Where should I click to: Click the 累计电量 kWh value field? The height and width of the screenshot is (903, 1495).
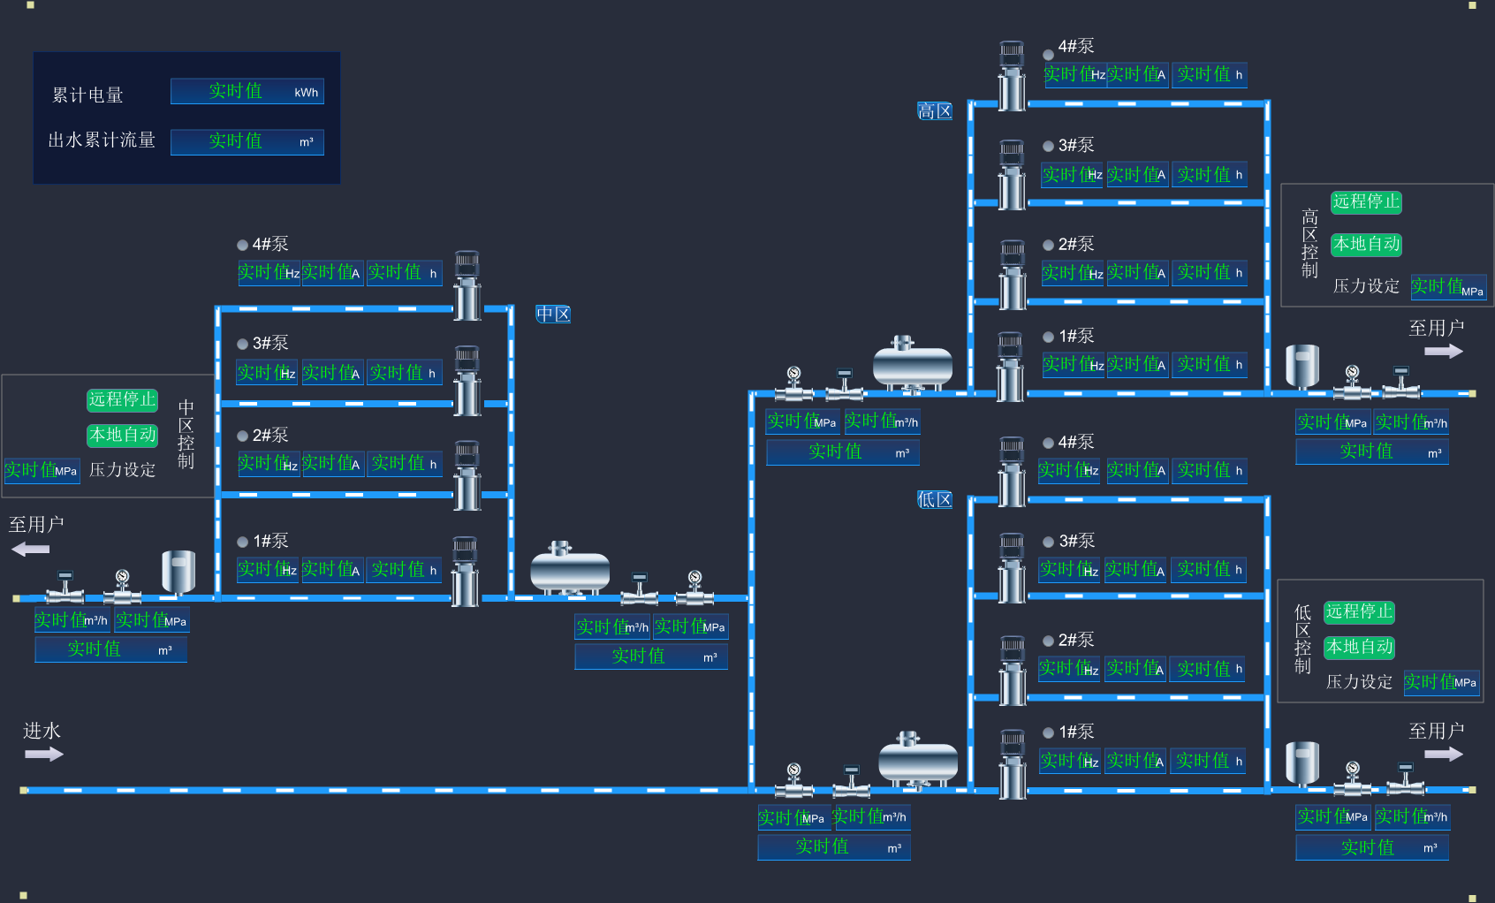(x=247, y=92)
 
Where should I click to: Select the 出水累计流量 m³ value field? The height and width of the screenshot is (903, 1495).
(x=247, y=141)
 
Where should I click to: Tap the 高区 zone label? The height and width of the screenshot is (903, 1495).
(x=935, y=111)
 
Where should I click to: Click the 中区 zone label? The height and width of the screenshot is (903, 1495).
(x=553, y=314)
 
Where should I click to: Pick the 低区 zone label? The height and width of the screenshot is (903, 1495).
(x=935, y=500)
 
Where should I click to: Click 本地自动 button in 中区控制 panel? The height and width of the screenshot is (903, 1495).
(x=122, y=435)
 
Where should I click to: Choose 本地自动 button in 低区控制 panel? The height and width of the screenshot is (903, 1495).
(x=1359, y=647)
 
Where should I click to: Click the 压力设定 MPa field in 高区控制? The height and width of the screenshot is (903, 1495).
(x=1448, y=287)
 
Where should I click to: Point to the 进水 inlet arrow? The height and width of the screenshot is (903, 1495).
(x=43, y=754)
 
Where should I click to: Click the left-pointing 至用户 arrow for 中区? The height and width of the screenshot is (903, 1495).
(x=31, y=550)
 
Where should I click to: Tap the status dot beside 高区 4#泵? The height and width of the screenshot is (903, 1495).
(x=1049, y=54)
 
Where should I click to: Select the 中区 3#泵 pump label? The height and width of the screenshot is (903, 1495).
(x=270, y=343)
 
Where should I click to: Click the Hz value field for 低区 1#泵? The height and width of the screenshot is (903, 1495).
(x=1069, y=761)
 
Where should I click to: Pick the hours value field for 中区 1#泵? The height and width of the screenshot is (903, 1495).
(x=405, y=569)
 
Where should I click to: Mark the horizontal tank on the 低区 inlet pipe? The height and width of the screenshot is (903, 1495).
(x=918, y=760)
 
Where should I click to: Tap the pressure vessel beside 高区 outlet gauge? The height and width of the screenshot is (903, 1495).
(x=1302, y=366)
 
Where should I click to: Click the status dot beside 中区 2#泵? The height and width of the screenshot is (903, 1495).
(x=243, y=436)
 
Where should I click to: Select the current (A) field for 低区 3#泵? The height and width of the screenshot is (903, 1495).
(x=1135, y=569)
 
